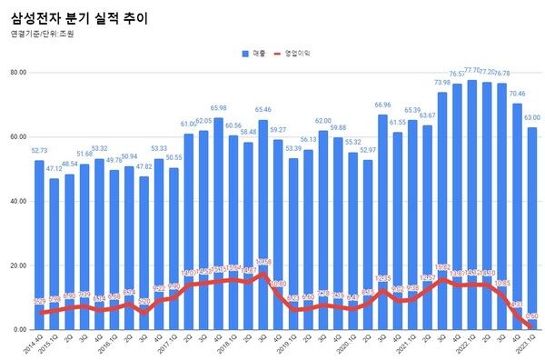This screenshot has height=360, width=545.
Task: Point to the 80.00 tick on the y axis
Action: point(17,72)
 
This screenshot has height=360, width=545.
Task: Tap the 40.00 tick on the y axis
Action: point(17,201)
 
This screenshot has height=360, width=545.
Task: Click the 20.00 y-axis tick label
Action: point(17,265)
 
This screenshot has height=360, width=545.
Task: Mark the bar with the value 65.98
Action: point(218,224)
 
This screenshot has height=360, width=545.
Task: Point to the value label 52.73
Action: point(39,152)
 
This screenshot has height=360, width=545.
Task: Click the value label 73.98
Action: point(441,83)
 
